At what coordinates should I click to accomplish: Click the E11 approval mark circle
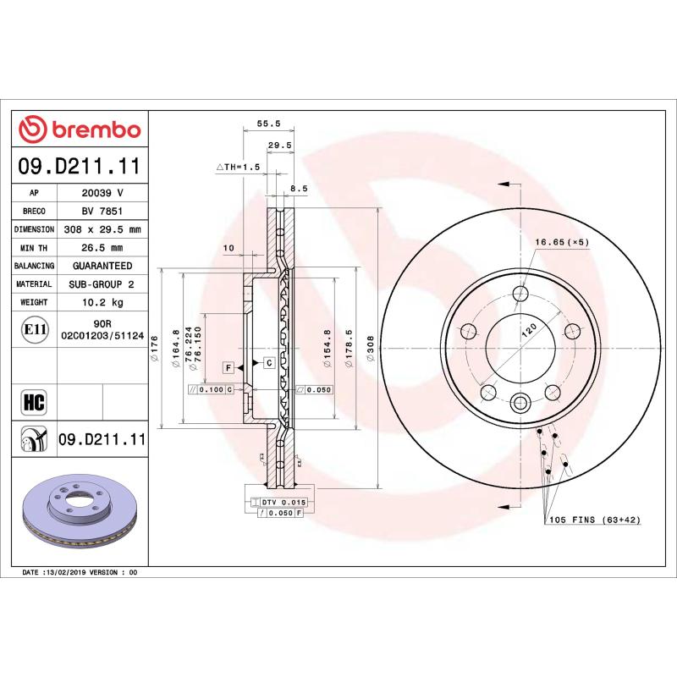tap(35, 329)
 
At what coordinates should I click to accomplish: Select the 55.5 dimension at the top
tap(268, 123)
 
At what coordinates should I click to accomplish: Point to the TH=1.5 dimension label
tap(237, 168)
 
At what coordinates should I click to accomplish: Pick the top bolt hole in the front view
tap(521, 294)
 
